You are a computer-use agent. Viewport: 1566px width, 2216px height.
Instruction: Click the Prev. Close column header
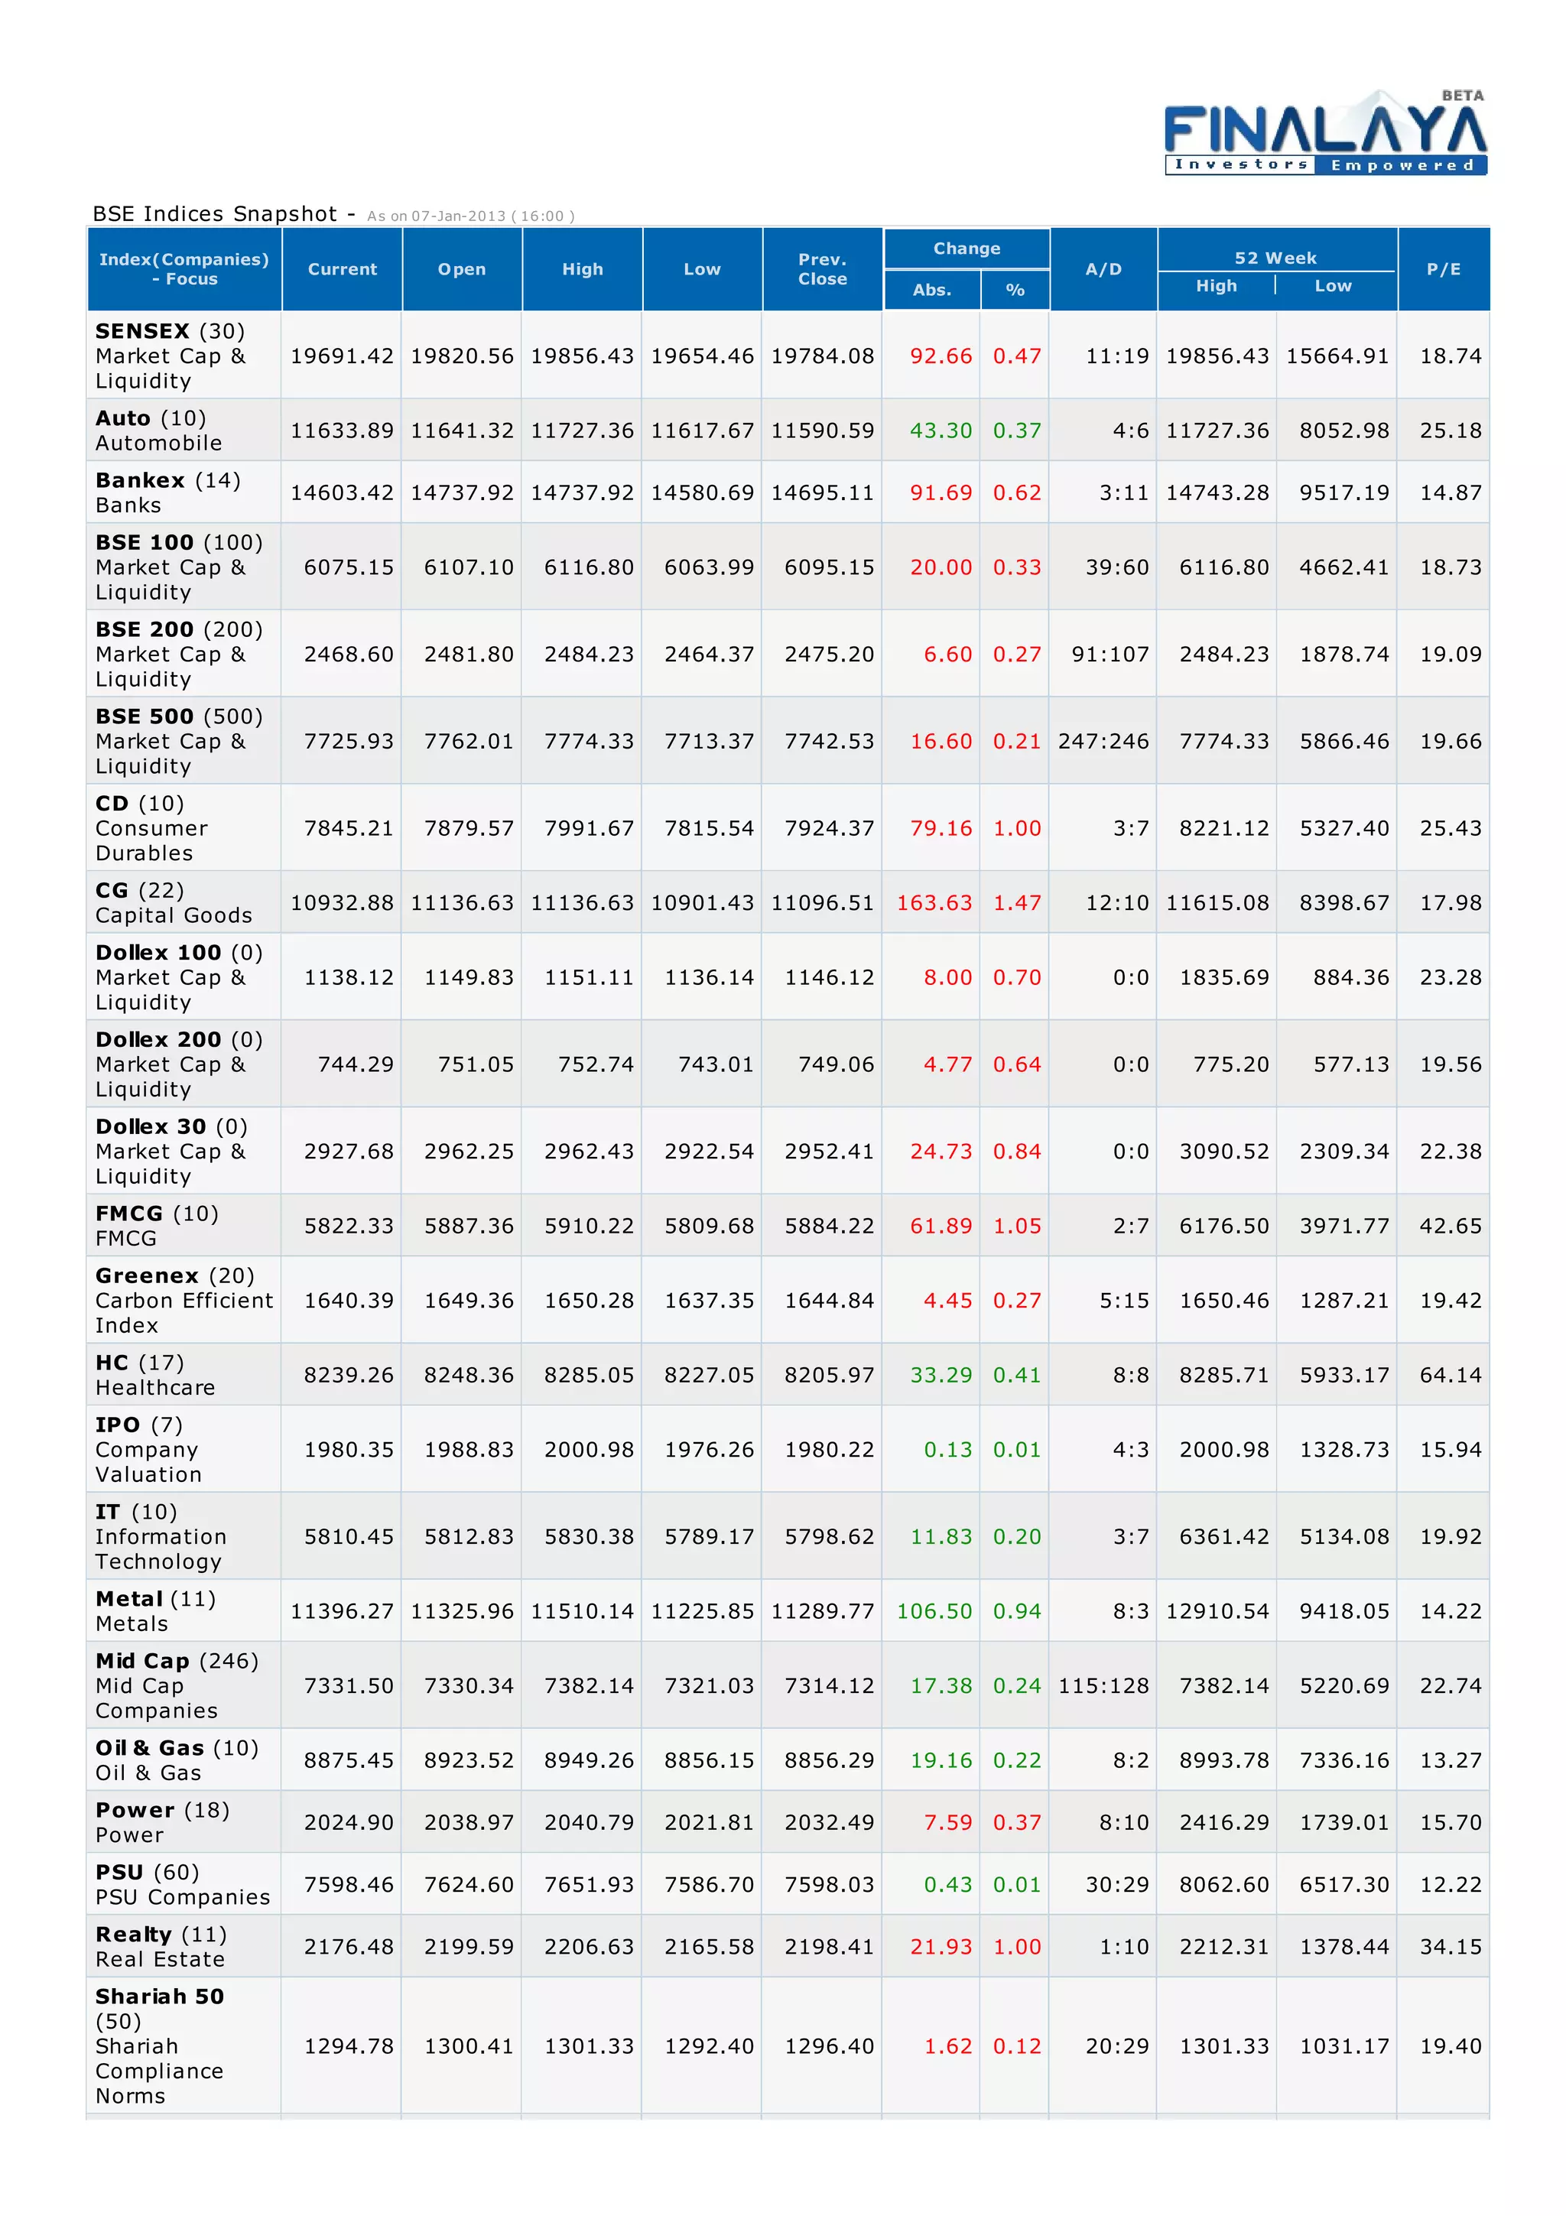pos(822,269)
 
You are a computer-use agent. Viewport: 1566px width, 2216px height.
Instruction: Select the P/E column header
pos(1444,269)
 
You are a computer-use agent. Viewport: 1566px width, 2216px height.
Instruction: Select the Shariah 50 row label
pos(159,1996)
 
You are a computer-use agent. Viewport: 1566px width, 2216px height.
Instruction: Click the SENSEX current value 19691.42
pos(342,356)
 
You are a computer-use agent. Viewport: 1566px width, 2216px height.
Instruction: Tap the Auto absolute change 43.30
pos(941,431)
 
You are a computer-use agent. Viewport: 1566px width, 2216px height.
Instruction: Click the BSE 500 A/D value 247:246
pos(1103,741)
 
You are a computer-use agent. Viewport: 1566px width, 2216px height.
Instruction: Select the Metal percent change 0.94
pos(1017,1611)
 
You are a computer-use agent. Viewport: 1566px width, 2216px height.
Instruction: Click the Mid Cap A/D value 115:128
pos(1103,1686)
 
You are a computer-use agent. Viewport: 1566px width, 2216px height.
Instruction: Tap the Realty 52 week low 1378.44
pos(1343,1947)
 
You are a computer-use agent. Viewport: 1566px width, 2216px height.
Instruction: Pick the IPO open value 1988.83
pos(469,1450)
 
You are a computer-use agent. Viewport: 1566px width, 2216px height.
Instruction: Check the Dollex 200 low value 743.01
pos(708,1064)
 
